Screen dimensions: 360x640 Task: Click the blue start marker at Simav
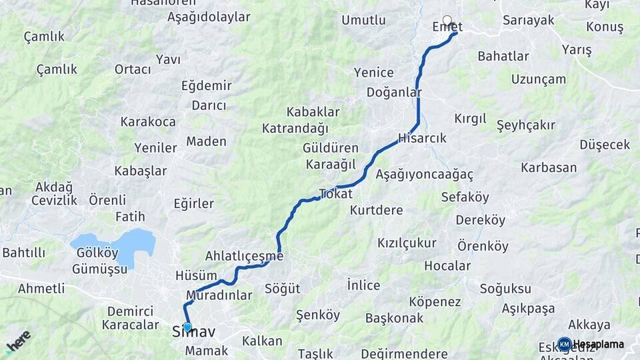click(x=187, y=327)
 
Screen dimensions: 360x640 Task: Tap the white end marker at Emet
click(x=447, y=20)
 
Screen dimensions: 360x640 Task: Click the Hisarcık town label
click(x=421, y=138)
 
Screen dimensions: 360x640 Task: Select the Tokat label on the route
click(x=335, y=193)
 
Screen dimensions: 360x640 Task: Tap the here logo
click(x=18, y=341)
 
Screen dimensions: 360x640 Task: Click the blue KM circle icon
click(x=565, y=344)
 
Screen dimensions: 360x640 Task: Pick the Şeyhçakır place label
click(x=526, y=125)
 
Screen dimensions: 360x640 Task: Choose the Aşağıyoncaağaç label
click(x=424, y=175)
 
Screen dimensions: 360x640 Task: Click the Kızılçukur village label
click(x=407, y=243)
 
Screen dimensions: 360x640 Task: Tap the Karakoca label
click(x=148, y=121)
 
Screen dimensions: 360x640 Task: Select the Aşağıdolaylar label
click(x=209, y=17)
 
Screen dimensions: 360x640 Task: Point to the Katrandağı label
click(x=295, y=127)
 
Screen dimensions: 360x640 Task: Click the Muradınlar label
click(x=219, y=295)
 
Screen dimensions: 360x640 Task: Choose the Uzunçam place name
click(x=539, y=79)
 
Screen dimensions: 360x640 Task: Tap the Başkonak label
click(x=394, y=318)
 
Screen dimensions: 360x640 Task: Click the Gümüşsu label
click(x=101, y=269)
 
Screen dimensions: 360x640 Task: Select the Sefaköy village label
click(x=465, y=197)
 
